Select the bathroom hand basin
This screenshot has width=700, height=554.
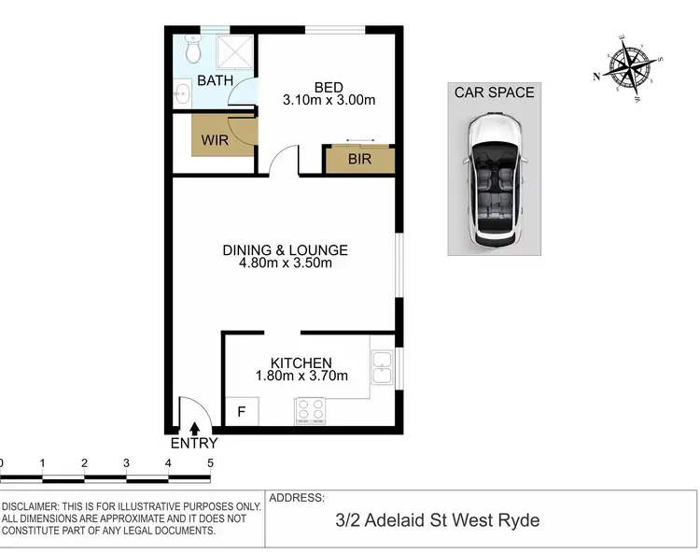[182, 92]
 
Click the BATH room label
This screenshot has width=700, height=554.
[215, 81]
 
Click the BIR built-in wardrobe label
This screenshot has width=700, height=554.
[359, 160]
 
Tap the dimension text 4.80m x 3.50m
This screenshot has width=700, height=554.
[285, 263]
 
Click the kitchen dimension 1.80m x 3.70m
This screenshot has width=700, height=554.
[301, 376]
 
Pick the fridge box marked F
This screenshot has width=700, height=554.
[242, 411]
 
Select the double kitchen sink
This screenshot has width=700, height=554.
[381, 367]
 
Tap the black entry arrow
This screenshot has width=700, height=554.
[194, 428]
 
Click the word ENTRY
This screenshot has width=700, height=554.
[194, 444]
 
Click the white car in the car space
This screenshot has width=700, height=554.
[495, 179]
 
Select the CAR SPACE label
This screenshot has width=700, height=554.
[494, 92]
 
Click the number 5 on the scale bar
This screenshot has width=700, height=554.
[211, 463]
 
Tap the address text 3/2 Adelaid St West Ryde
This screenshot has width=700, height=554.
[438, 520]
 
